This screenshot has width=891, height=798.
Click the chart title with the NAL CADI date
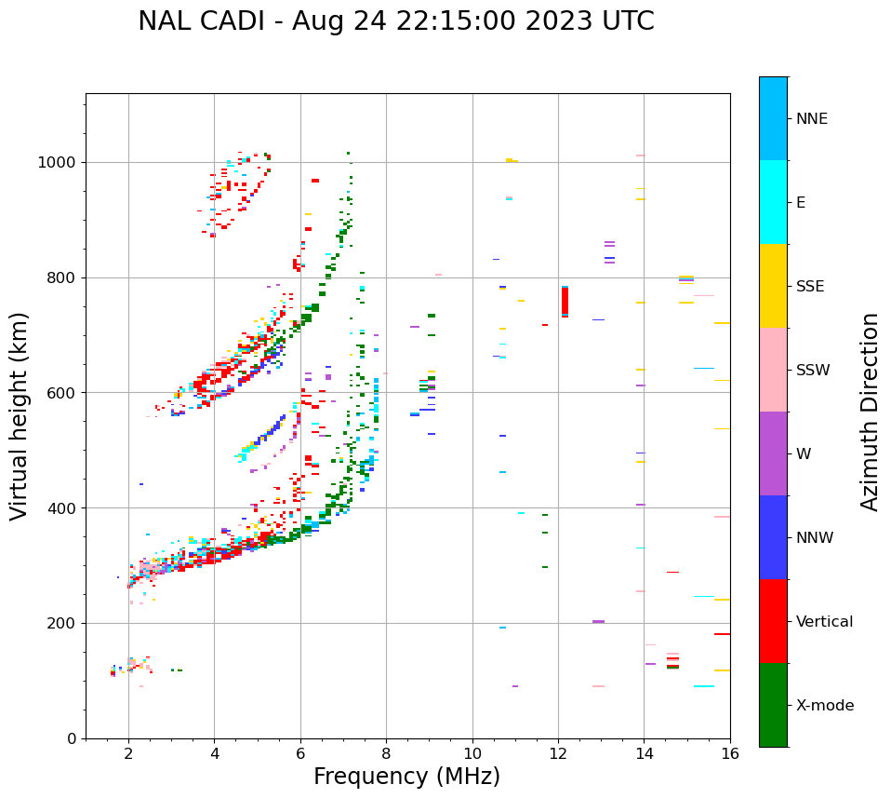[396, 21]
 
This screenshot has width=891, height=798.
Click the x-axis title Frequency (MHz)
[406, 777]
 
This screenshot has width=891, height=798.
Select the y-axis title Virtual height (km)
[20, 415]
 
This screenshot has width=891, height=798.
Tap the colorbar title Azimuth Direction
[870, 412]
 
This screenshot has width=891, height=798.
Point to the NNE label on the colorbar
[811, 119]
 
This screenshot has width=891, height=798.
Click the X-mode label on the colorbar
[824, 706]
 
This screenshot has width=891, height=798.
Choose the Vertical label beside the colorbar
[824, 622]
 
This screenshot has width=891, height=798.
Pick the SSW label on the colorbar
[813, 371]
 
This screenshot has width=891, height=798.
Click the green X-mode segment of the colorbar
[773, 705]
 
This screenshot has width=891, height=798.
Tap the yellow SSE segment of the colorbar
[773, 286]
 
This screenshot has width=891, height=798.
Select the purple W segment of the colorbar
[773, 453]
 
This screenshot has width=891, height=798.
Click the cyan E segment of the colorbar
[773, 202]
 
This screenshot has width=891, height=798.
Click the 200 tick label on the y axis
[64, 624]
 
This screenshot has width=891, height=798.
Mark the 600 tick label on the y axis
[64, 393]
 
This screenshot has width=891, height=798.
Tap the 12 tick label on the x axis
[558, 753]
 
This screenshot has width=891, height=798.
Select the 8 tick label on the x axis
[386, 753]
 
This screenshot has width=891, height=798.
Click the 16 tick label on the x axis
[729, 753]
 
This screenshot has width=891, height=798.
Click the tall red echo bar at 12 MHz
[565, 302]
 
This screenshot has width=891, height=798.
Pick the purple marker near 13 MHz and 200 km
[598, 621]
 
